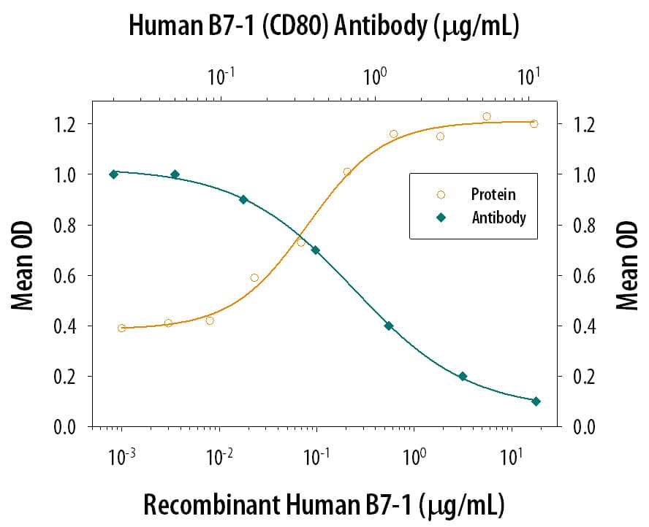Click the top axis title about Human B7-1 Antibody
(324, 26)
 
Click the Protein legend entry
(493, 194)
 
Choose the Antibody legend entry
(498, 218)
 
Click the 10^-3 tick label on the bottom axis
(121, 458)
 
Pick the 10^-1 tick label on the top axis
(220, 75)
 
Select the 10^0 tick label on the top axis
(374, 75)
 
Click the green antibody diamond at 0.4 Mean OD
(389, 326)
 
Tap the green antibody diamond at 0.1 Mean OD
(536, 401)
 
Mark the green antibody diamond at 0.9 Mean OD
(243, 199)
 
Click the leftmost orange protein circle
(121, 328)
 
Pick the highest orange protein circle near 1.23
(487, 116)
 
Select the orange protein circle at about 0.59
(254, 277)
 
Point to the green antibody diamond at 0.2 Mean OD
(463, 376)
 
